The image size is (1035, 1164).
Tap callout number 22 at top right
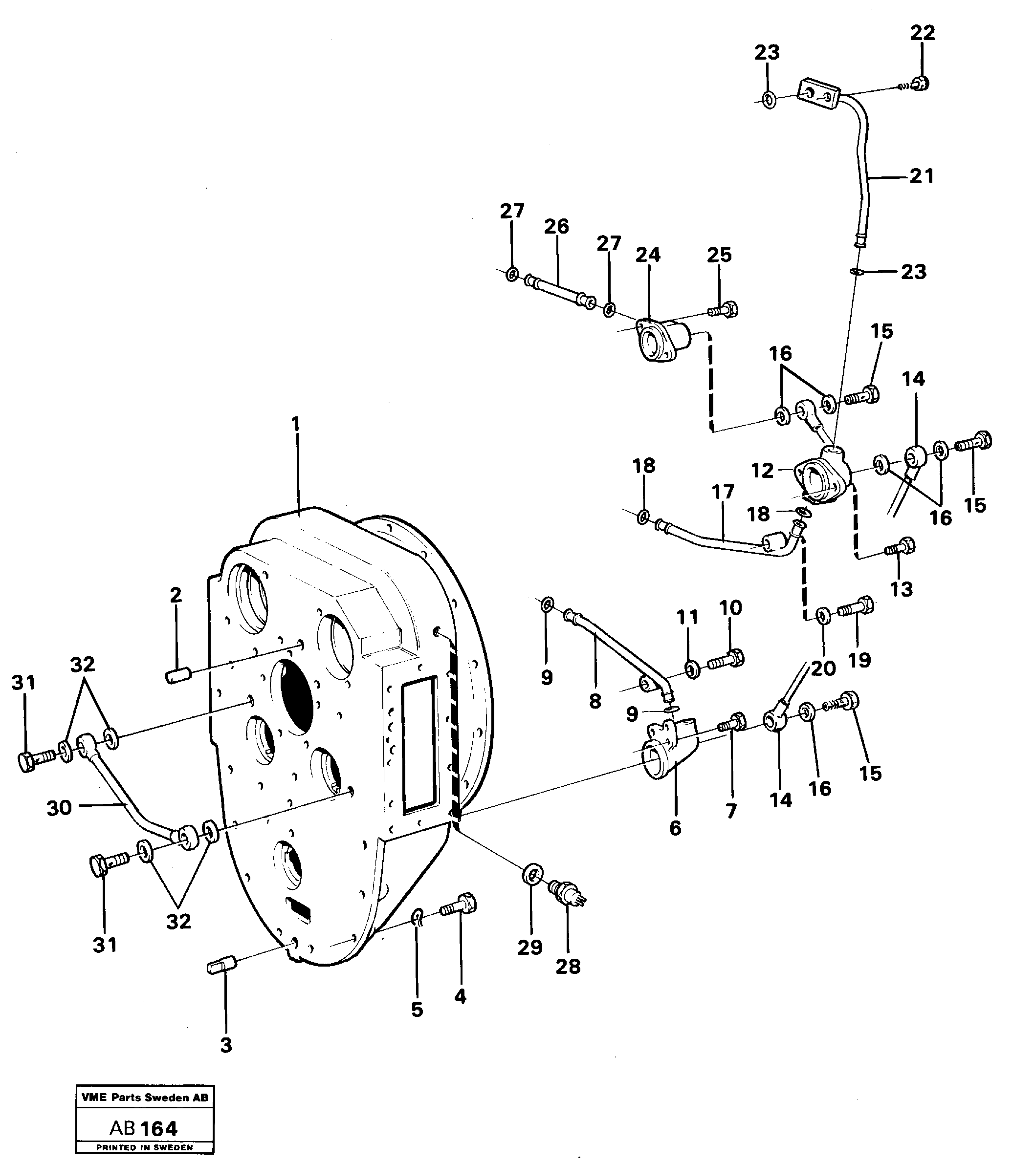point(922,33)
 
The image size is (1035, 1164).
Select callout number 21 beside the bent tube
point(922,176)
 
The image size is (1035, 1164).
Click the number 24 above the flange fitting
point(648,255)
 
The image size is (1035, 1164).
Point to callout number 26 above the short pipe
point(556,227)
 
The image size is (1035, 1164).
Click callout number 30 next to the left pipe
point(59,808)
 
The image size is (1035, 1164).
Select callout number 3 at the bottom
point(226,1046)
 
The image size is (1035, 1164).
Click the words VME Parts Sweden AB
point(145,1098)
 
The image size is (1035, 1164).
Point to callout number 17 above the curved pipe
point(723,492)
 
